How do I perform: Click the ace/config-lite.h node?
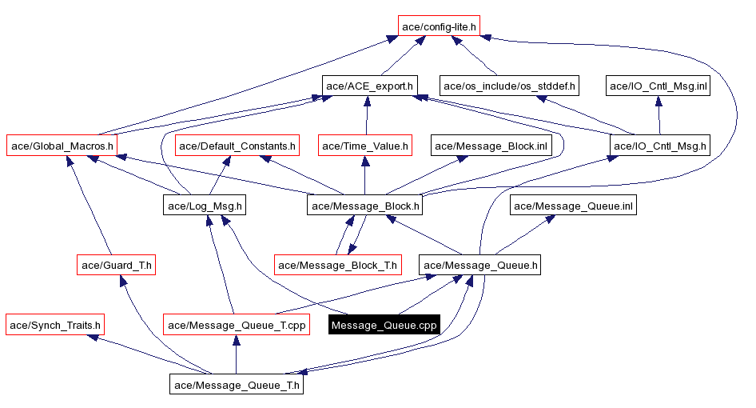(439, 26)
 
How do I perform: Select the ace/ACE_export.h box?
(369, 85)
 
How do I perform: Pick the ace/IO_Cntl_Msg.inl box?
(659, 85)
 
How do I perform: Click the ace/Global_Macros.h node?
(62, 146)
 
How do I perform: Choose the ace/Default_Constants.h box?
(237, 146)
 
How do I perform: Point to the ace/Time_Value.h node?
(365, 146)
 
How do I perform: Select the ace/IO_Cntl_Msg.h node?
(659, 146)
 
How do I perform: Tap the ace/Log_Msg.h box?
(204, 206)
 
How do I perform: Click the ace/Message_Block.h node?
(365, 206)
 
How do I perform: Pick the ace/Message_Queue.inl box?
(573, 206)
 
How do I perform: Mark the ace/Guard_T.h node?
(116, 265)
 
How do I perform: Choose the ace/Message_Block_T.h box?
(338, 265)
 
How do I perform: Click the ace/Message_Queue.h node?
(481, 265)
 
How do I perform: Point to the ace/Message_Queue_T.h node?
(237, 385)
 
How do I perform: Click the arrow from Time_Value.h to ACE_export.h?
(366, 116)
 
